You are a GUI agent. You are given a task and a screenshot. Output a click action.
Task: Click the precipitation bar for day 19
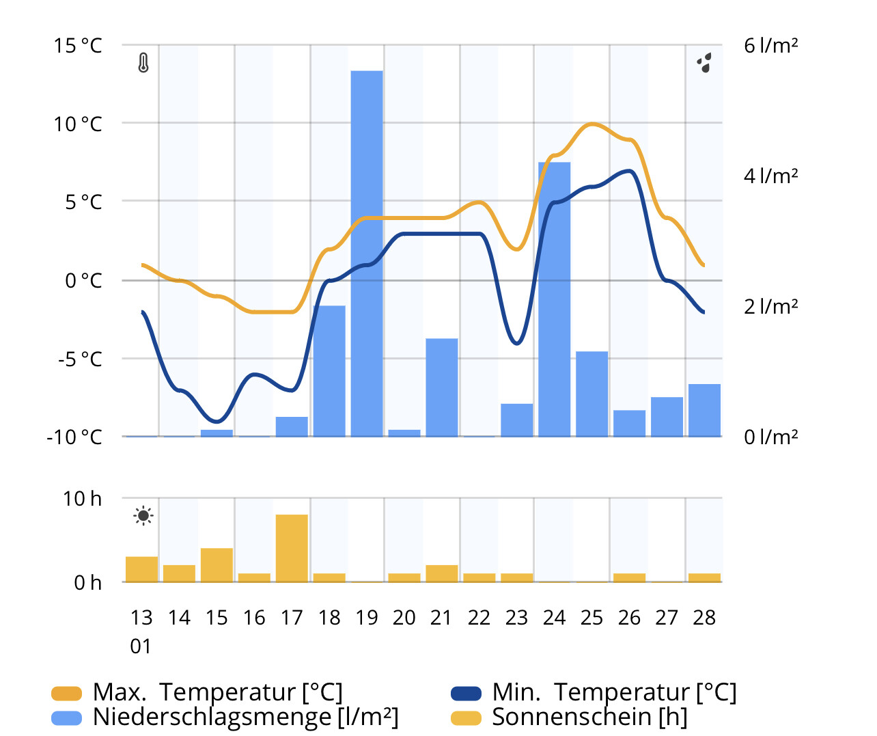coord(367,253)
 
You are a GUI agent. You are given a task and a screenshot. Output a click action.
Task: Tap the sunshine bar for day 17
coord(292,548)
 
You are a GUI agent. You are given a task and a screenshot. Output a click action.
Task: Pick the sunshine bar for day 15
coord(217,565)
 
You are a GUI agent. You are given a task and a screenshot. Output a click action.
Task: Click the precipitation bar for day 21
coord(441,387)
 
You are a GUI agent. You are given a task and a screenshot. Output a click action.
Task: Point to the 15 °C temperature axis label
coord(78,46)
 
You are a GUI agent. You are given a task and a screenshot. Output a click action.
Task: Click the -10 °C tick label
coord(74,437)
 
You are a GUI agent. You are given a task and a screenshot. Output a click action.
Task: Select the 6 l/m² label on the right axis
coord(771,46)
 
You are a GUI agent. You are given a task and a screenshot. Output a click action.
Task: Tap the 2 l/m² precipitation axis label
coord(771,306)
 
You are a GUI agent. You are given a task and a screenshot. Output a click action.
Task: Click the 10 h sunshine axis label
coord(82,499)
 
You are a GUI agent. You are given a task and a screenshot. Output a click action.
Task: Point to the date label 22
coord(479,618)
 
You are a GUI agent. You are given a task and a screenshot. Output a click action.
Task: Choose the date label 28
coord(704,618)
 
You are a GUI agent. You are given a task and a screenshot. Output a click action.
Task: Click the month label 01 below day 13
coord(141,646)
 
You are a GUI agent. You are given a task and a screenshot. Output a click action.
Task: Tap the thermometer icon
coord(143,63)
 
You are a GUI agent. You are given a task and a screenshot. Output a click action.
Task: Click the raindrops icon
coord(704,63)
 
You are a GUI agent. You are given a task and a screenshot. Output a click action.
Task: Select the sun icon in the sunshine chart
coord(143,516)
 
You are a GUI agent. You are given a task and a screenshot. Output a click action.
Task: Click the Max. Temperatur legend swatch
coord(66,694)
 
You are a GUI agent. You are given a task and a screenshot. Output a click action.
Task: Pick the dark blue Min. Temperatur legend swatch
coord(466,694)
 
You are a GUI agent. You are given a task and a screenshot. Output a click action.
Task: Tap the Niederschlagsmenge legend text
coord(245,717)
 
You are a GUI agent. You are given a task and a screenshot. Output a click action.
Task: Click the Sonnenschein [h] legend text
coord(589,717)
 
